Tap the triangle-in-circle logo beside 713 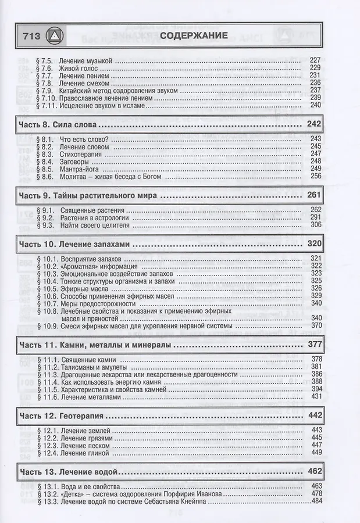click(x=54, y=37)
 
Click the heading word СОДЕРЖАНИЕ click(x=194, y=35)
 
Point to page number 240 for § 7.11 click(x=316, y=105)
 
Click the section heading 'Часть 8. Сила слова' click(x=58, y=125)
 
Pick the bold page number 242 click(x=313, y=125)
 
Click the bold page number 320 click(x=313, y=245)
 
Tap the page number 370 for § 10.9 click(x=316, y=326)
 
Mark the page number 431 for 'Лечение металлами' click(x=316, y=396)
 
